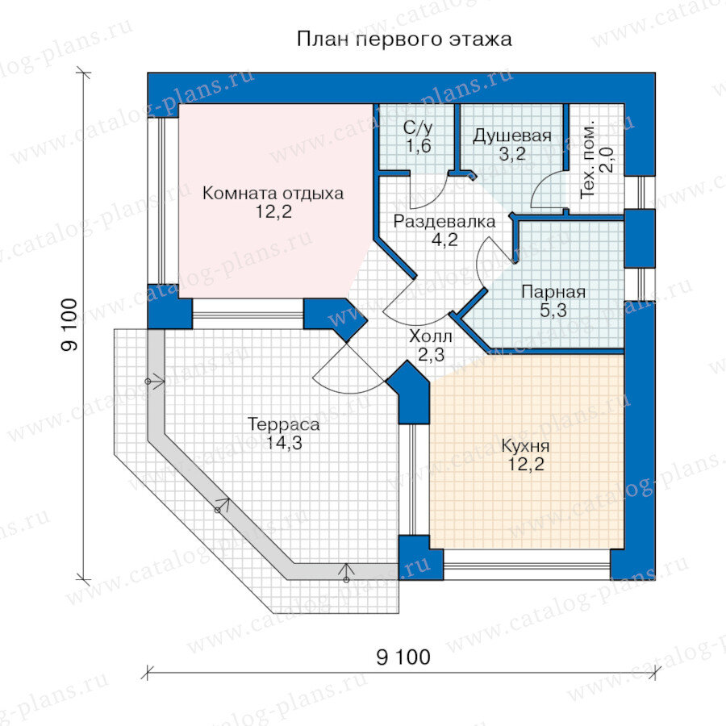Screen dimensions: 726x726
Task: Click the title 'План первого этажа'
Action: [404, 40]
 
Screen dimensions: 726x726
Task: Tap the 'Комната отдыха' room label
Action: [273, 193]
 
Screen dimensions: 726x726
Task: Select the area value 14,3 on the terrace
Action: [284, 443]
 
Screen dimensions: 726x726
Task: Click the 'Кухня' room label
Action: [525, 446]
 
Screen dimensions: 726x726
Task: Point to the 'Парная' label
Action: [553, 292]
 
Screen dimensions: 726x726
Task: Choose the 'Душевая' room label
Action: [512, 136]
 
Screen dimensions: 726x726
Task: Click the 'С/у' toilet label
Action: [418, 127]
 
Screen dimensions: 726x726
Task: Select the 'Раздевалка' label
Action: [444, 222]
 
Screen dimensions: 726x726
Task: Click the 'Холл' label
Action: [431, 336]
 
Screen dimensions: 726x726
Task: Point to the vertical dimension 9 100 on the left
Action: [69, 325]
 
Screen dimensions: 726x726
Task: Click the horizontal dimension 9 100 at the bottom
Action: [403, 657]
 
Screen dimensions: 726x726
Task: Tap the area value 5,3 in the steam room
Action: [553, 311]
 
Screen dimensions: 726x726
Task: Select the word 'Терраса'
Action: [284, 424]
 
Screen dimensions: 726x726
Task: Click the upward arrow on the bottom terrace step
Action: [346, 572]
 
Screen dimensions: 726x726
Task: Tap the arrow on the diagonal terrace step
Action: [223, 505]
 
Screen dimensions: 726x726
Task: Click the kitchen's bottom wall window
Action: [527, 565]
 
